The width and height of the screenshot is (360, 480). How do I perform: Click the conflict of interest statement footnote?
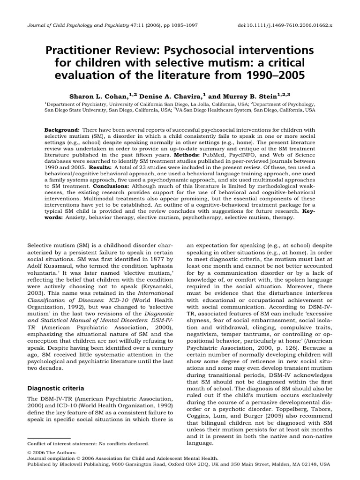pyautogui.click(x=89, y=443)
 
